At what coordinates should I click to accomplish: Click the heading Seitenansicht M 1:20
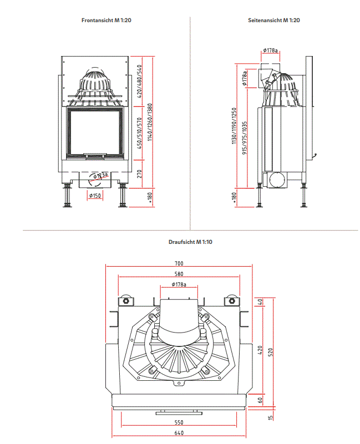click(274, 21)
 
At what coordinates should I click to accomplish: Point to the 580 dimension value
click(179, 274)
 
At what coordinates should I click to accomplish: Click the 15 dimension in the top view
click(271, 417)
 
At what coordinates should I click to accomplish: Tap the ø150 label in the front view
click(94, 195)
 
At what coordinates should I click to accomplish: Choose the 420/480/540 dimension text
click(140, 81)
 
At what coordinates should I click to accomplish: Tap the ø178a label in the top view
click(179, 285)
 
